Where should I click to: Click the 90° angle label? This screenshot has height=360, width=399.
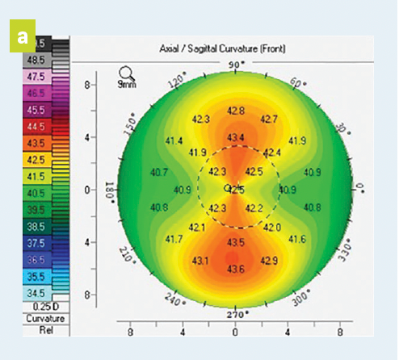236,65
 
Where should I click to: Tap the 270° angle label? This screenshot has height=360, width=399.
236,313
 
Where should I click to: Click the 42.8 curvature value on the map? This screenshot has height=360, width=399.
236,110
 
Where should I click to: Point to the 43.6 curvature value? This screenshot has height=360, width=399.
236,268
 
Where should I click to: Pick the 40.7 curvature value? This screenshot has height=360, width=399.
159,172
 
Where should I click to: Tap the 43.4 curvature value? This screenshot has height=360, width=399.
236,136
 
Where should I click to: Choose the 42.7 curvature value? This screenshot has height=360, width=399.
270,119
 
